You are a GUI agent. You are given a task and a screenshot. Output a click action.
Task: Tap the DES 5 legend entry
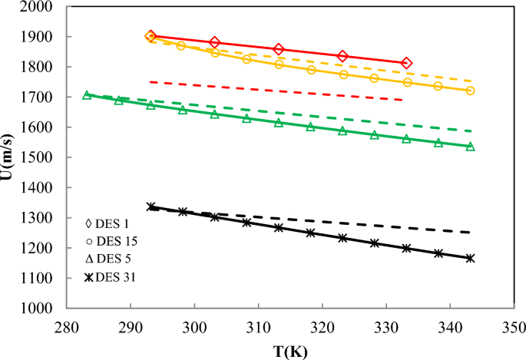pos(111,258)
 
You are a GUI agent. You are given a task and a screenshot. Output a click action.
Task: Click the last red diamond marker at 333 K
pos(406,63)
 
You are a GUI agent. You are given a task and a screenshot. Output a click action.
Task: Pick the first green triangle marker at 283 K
pos(87,95)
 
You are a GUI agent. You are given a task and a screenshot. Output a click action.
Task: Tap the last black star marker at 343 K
pos(470,258)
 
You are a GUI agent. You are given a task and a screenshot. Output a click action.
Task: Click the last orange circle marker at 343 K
pos(470,91)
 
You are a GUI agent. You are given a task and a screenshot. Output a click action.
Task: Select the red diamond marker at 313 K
pos(279,49)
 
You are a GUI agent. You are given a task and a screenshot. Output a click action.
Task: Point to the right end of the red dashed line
pos(405,100)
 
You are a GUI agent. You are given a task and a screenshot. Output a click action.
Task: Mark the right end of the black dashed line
pos(470,232)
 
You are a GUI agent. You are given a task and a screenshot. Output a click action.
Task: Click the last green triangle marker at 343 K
pos(470,147)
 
